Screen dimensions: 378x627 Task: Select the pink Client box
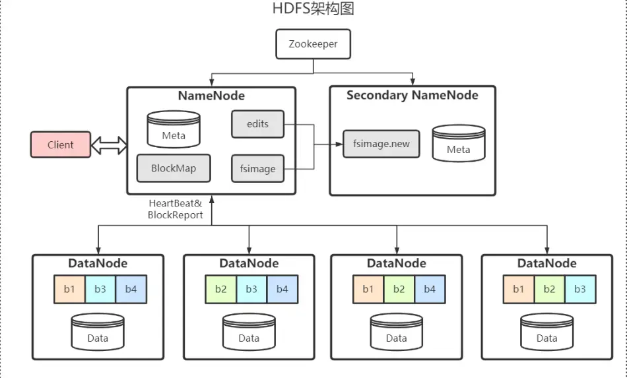(61, 144)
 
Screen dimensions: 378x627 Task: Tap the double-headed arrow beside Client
(109, 144)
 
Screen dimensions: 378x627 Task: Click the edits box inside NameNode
(257, 124)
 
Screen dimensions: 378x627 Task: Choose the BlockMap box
(173, 168)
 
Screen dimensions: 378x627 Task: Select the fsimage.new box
(381, 144)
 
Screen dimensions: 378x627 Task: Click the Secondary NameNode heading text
(412, 96)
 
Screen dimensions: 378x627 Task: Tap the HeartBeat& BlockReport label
(176, 209)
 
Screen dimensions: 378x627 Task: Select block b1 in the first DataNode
(69, 289)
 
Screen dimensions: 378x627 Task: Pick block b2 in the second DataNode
(220, 289)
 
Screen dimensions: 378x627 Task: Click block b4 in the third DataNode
(430, 289)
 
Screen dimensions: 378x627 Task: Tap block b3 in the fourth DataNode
(579, 289)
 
